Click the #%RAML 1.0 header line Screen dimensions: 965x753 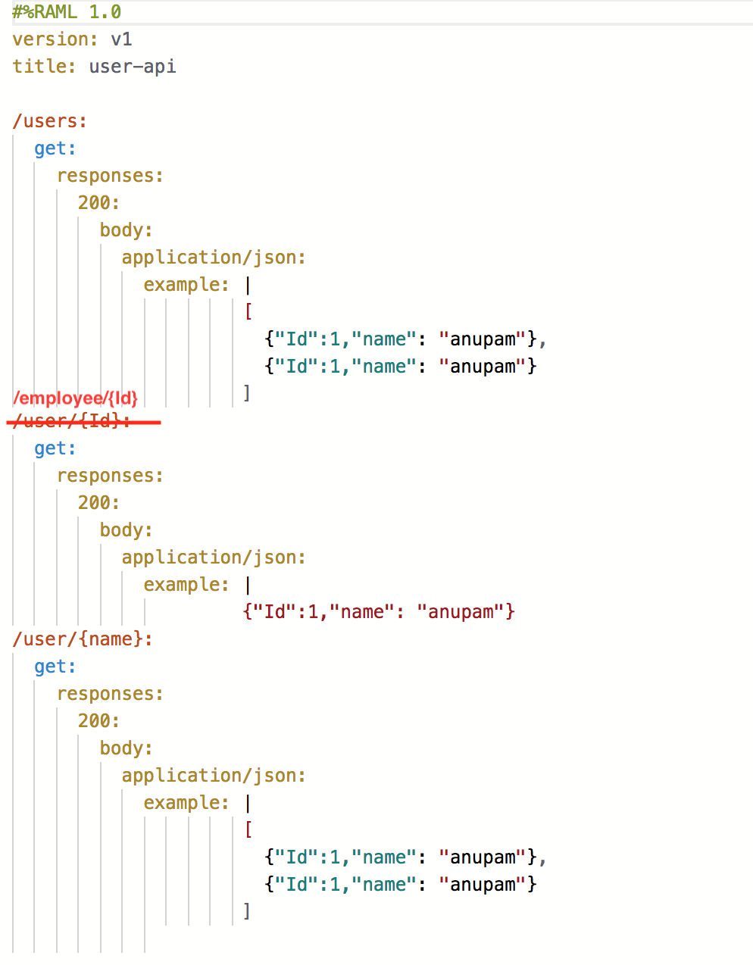(x=67, y=12)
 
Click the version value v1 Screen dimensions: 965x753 (x=121, y=39)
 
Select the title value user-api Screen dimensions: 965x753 (x=133, y=67)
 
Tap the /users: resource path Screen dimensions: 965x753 (x=50, y=121)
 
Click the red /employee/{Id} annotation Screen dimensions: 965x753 (x=76, y=398)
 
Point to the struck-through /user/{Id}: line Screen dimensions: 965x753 (x=72, y=421)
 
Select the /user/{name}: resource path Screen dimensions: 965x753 (x=83, y=639)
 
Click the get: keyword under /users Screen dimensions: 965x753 (x=55, y=148)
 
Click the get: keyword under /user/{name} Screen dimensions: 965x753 (x=55, y=667)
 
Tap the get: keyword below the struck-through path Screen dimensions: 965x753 (x=55, y=448)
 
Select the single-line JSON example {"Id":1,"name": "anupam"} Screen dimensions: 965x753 (x=379, y=612)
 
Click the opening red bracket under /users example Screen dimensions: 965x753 (x=248, y=311)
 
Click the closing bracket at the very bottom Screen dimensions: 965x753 (x=247, y=910)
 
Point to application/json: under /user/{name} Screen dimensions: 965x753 (x=214, y=776)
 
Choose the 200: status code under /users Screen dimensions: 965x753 (x=98, y=203)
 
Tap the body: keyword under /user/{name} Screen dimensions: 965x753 (x=126, y=748)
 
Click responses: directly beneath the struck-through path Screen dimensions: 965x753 (x=110, y=476)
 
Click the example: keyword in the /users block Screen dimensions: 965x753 (x=186, y=285)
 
